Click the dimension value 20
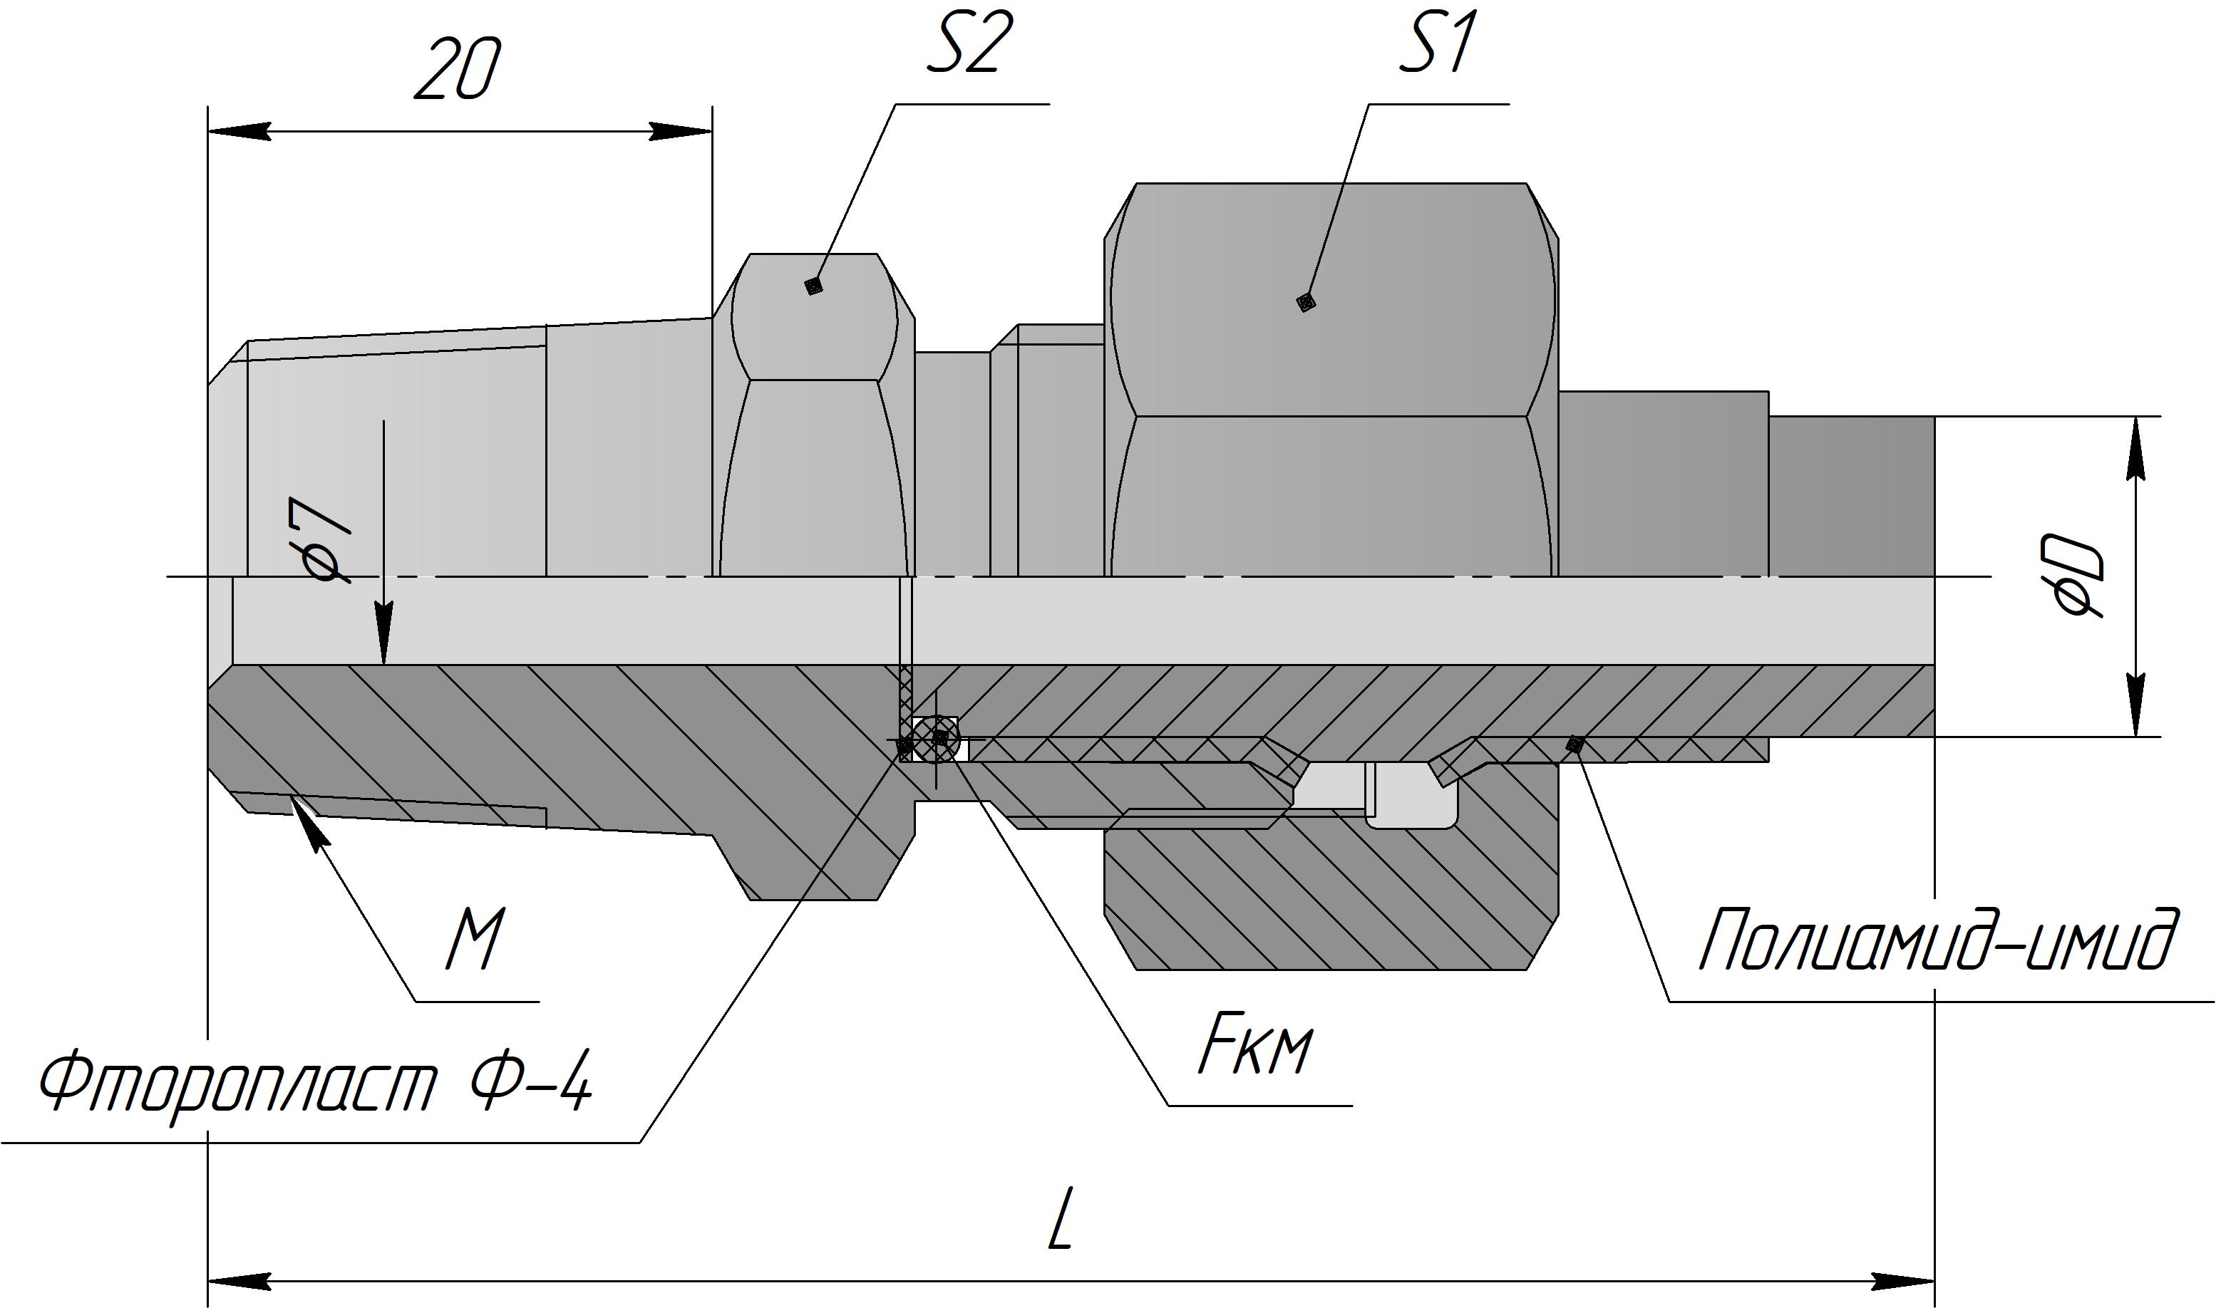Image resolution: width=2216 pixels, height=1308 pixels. tap(457, 70)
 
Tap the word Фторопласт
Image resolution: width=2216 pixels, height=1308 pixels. tap(238, 1086)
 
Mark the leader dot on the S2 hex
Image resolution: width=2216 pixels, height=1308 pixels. tap(814, 286)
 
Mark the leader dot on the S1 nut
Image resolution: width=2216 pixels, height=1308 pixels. tap(1306, 302)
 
